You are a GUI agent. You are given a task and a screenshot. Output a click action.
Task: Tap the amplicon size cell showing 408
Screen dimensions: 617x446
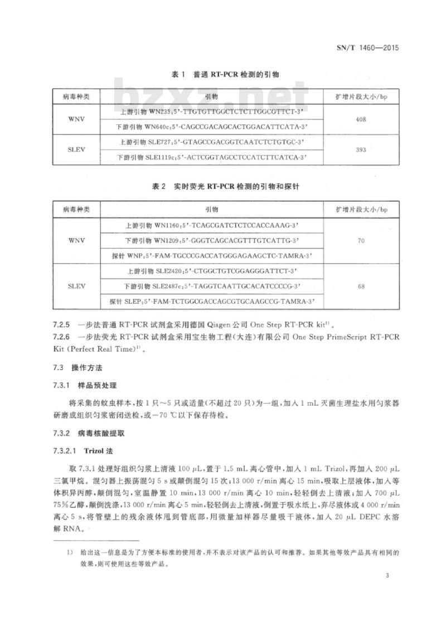click(362, 119)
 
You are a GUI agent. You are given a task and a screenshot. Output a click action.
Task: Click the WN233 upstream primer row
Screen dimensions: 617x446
click(215, 111)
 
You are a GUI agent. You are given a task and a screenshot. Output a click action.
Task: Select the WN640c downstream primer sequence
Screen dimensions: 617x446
click(215, 127)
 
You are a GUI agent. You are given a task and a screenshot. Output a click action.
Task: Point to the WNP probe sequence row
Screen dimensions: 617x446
click(215, 256)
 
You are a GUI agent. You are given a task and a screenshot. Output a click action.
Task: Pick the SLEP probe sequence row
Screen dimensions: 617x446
click(215, 302)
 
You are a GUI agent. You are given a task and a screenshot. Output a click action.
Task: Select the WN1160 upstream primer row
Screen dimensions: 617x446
click(215, 226)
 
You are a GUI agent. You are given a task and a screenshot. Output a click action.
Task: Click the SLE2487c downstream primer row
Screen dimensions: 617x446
click(215, 286)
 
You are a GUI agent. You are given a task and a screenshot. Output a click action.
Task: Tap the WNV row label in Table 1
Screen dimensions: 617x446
click(76, 119)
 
